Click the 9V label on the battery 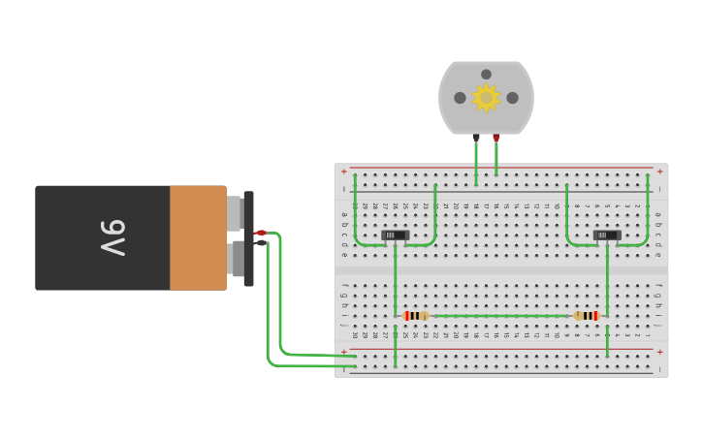pos(112,238)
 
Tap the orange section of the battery pos(198,238)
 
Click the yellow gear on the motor pos(486,97)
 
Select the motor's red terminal pos(496,138)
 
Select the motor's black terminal pos(476,138)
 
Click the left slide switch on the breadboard pos(396,235)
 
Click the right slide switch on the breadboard pos(607,235)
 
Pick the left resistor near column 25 pos(415,316)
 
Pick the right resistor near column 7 pos(587,316)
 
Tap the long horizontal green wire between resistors pos(499,316)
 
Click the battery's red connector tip pos(261,233)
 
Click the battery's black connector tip pos(261,243)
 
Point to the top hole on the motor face pos(486,75)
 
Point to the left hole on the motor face pos(460,98)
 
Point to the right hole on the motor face pos(512,98)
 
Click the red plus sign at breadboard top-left pos(343,172)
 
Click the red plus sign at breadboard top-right pos(659,172)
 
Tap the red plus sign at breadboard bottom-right pos(659,352)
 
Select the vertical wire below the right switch pos(607,281)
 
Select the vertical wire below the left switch pos(396,281)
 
